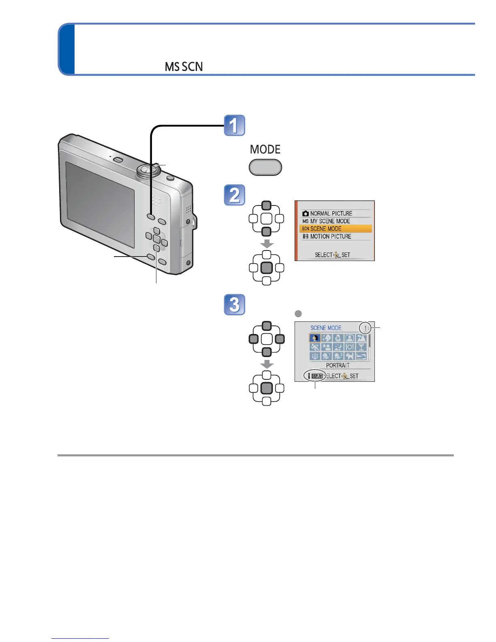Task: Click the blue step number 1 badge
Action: (235, 125)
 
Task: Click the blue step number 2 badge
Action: (235, 195)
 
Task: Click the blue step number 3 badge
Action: (235, 304)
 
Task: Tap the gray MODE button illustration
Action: (265, 167)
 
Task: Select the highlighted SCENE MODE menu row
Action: (336, 229)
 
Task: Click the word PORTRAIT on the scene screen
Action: (338, 365)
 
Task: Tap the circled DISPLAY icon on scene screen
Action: (316, 376)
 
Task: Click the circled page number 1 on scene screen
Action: (365, 328)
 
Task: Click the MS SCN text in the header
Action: (184, 67)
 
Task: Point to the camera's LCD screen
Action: (100, 205)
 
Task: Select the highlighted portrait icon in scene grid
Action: (315, 338)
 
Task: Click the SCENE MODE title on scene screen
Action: (326, 328)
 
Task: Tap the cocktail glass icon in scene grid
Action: (361, 347)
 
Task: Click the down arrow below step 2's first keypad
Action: (266, 244)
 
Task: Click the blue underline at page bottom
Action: (80, 638)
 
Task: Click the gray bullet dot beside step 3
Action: (298, 313)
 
